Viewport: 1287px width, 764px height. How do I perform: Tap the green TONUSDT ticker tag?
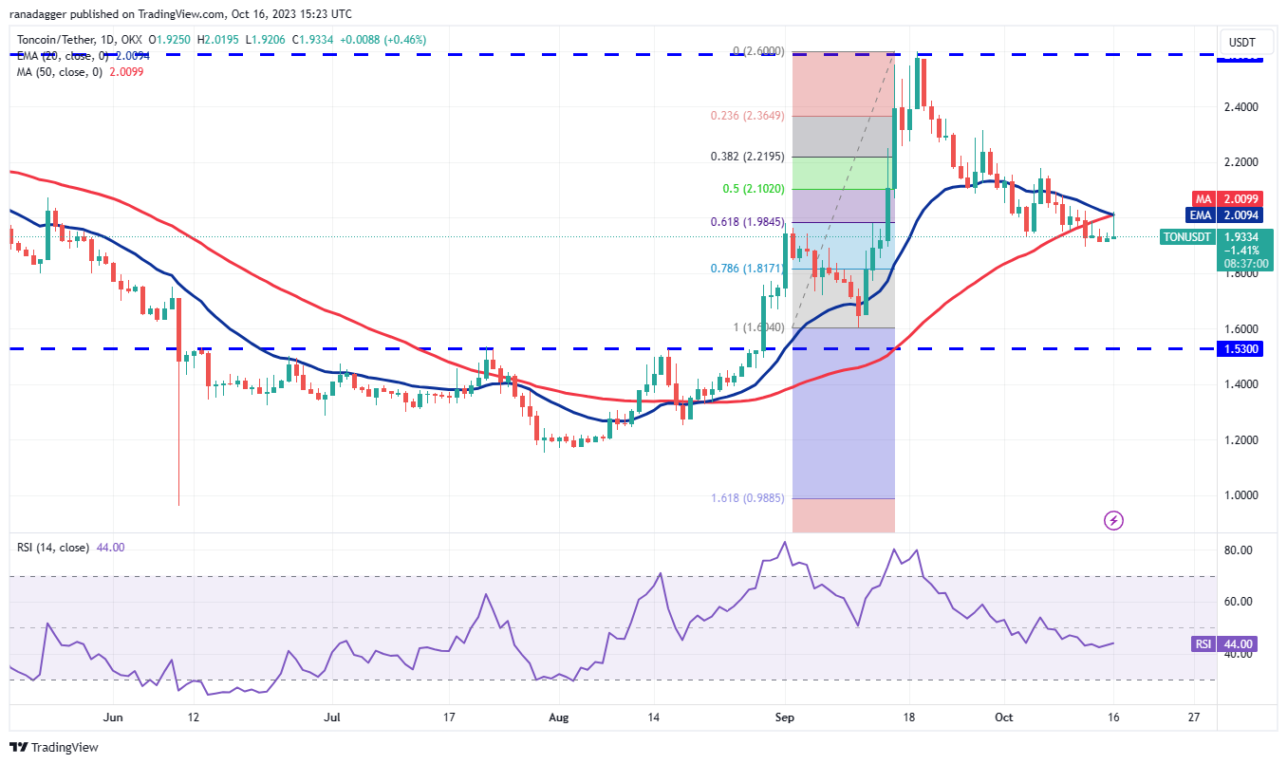(1185, 237)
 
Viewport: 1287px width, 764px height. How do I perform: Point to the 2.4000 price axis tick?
(1241, 106)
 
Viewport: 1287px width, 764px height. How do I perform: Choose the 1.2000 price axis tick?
(1241, 440)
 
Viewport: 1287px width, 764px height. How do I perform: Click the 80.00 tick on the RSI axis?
(1241, 550)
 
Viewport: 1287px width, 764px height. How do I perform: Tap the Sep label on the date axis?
(785, 718)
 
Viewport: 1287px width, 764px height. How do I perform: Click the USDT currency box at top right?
(1242, 42)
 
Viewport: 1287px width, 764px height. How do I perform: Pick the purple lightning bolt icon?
(1114, 520)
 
